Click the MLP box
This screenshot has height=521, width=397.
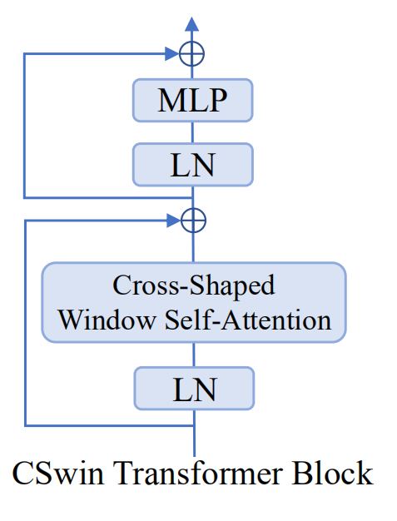[192, 101]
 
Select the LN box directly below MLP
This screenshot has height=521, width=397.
[192, 164]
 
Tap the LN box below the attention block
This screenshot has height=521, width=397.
[192, 389]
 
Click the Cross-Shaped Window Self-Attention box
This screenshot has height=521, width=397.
[193, 302]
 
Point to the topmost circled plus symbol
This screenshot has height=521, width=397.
[192, 55]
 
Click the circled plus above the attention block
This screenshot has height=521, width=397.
[192, 221]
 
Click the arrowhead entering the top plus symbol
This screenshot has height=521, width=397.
[176, 55]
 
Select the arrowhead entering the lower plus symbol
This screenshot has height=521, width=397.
[176, 221]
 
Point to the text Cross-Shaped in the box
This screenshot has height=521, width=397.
[193, 285]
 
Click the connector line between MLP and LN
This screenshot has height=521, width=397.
[192, 131]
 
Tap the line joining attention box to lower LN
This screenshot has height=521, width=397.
[193, 353]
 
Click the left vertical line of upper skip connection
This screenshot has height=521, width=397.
[25, 125]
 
